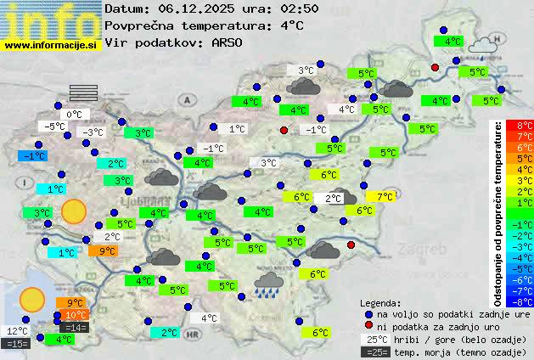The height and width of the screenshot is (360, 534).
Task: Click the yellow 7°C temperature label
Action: (385, 196)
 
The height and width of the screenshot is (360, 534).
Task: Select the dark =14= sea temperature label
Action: (75, 328)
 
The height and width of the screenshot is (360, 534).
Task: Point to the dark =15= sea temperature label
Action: (17, 344)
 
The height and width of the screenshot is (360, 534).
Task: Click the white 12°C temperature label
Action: (17, 331)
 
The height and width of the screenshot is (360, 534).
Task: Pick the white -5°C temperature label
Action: (55, 127)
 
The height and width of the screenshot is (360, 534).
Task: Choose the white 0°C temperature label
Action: (74, 114)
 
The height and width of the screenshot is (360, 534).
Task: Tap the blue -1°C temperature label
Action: (33, 156)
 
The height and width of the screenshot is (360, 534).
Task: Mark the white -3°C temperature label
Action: (92, 132)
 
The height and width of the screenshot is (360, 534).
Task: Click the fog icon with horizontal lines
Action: (84, 92)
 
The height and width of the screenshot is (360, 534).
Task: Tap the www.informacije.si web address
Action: (51, 45)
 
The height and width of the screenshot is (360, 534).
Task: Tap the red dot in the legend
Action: (369, 325)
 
